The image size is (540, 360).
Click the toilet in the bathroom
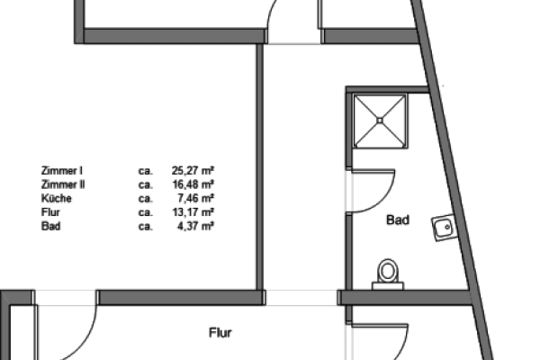[x=388, y=274]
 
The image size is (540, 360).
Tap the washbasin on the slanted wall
[x=445, y=228]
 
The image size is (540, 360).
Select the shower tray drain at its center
[x=380, y=121]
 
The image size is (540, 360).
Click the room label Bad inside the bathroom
[x=398, y=220]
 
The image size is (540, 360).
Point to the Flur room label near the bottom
[x=220, y=333]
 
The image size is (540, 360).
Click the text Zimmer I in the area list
[x=61, y=171]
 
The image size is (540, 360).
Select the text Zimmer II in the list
[x=63, y=184]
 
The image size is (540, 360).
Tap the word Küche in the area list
[x=57, y=198]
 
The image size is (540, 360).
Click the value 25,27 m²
[x=193, y=171]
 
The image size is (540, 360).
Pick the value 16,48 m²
[x=193, y=184]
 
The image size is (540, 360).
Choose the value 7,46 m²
[x=196, y=198]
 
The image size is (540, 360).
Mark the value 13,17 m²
[x=193, y=212]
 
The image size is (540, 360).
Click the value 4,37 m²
[x=196, y=226]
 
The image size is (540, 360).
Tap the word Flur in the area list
[x=50, y=212]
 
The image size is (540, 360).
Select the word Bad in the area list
[x=51, y=226]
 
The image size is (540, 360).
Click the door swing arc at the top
[x=270, y=13]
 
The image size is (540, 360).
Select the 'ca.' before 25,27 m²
[x=145, y=171]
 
